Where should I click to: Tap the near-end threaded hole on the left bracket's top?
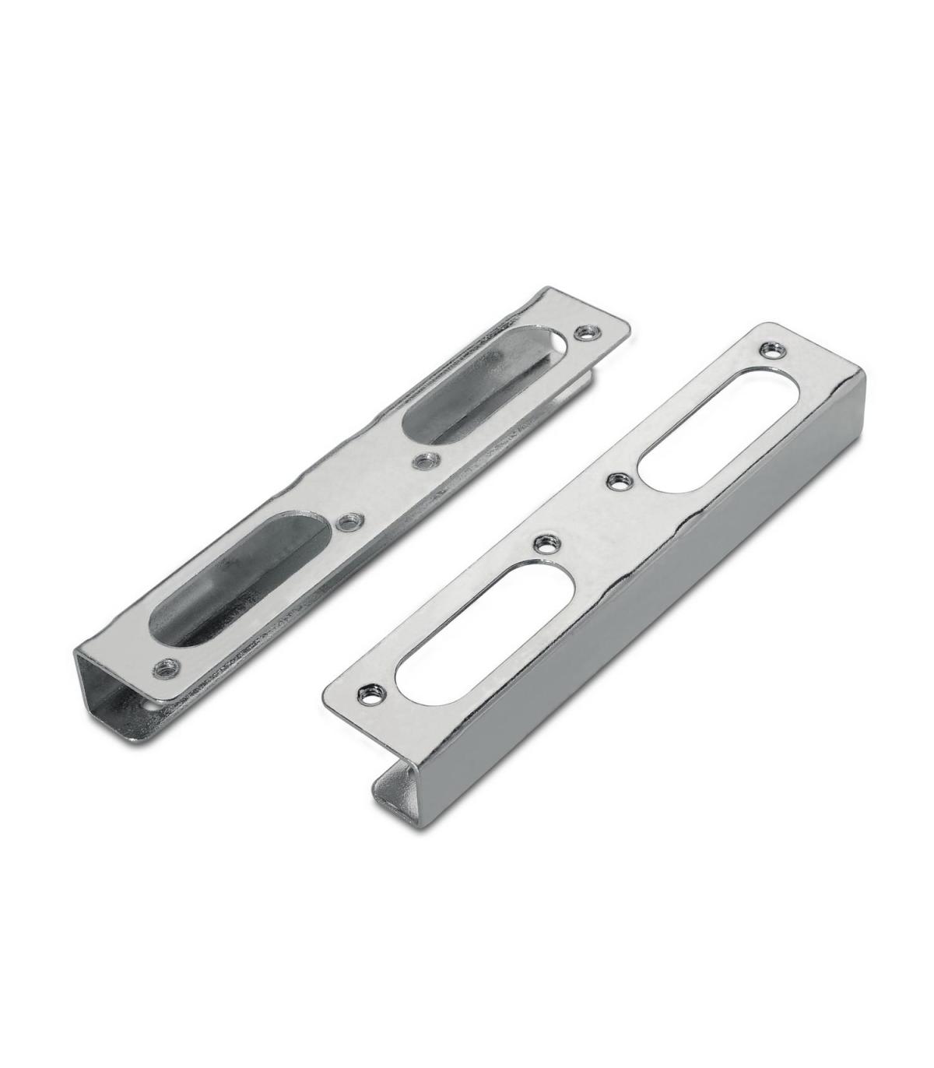tap(166, 666)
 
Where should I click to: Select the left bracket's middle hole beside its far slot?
tap(423, 461)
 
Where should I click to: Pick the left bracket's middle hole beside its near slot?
tap(348, 521)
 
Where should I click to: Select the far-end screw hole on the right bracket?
tap(771, 349)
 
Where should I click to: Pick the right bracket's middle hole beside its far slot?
tap(619, 481)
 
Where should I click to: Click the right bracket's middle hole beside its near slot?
tap(542, 545)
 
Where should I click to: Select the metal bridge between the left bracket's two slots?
tap(381, 490)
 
